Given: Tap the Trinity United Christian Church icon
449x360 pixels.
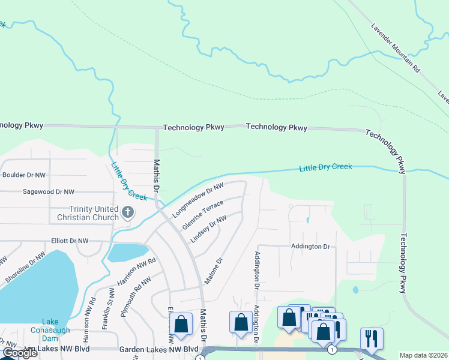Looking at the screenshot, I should tap(127, 212).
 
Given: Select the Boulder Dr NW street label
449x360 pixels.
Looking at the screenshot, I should tap(24, 175).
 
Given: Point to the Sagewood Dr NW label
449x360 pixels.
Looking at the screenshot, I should tap(48, 192).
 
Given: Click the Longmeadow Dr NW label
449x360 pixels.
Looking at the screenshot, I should tap(197, 200).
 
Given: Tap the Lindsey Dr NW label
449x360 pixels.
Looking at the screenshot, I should tap(208, 230).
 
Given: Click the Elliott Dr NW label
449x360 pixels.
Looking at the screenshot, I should tap(70, 241).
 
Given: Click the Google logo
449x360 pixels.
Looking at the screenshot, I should tap(20, 353).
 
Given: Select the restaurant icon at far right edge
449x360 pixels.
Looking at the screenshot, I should tap(372, 338).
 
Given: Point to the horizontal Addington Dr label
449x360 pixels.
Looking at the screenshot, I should tap(310, 247).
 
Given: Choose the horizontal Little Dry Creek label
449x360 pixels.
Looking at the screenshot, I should tap(325, 167).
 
